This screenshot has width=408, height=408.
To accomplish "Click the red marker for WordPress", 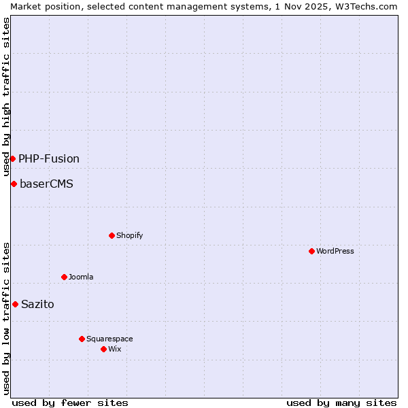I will point(311,251).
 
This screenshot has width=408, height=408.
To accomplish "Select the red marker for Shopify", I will point(112,235).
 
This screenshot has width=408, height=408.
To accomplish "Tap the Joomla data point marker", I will point(64,277).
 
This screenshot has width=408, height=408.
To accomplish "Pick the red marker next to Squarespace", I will point(82,339).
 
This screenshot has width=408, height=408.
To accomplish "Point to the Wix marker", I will point(103,349).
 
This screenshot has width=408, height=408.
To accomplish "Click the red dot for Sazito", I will point(15,304).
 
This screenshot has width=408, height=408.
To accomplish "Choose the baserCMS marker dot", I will point(14,184).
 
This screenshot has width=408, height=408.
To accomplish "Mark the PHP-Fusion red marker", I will point(12,158).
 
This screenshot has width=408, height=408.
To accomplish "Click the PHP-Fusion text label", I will point(49,159).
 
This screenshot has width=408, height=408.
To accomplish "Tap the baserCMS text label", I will point(46,184).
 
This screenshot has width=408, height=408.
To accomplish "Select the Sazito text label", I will point(37,305).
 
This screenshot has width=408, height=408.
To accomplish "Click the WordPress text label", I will point(335,251).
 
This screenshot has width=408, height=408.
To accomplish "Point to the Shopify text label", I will point(129,235).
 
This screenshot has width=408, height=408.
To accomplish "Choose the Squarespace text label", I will point(109,339).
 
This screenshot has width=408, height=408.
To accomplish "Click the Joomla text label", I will point(81,277).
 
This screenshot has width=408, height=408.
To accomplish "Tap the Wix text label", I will point(114,349).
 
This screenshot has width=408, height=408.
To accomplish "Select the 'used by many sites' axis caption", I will point(341,403).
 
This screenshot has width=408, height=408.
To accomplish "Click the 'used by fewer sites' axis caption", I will point(70,403).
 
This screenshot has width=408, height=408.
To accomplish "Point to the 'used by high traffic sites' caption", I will point(6,97).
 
